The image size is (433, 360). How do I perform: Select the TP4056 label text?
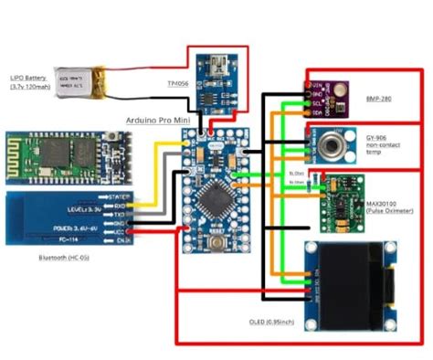pos(179,83)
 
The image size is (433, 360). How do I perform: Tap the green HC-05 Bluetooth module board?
pos(66,152)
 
